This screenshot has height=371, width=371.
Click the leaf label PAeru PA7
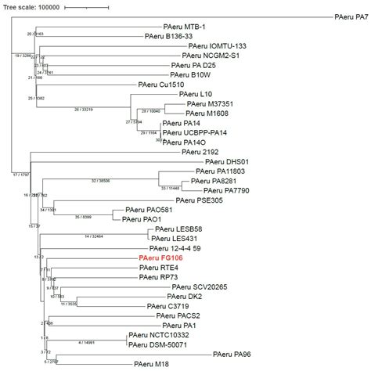pyautogui.click(x=351, y=16)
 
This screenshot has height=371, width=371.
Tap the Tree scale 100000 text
pyautogui.click(x=31, y=7)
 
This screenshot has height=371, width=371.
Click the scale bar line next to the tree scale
pyautogui.click(x=86, y=7)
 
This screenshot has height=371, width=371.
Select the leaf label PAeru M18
pyautogui.click(x=151, y=364)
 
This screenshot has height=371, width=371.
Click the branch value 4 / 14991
pyautogui.click(x=91, y=342)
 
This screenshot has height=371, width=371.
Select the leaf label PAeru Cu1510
pyautogui.click(x=160, y=85)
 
